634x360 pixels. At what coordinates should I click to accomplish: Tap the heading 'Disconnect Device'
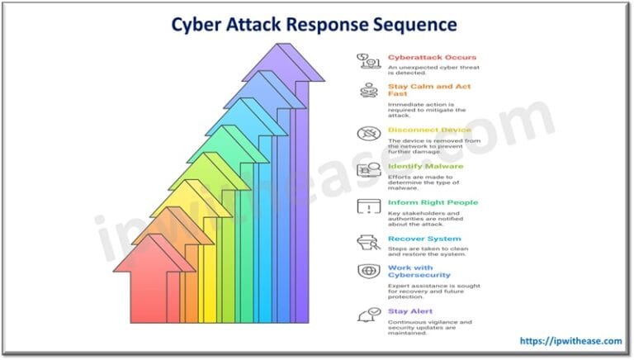[x=429, y=130]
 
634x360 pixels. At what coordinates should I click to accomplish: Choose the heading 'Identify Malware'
[x=426, y=166]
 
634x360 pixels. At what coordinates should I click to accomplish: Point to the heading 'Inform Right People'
[x=433, y=202]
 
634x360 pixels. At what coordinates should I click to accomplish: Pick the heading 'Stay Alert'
[x=410, y=311]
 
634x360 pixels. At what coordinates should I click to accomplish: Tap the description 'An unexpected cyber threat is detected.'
[x=433, y=71]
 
